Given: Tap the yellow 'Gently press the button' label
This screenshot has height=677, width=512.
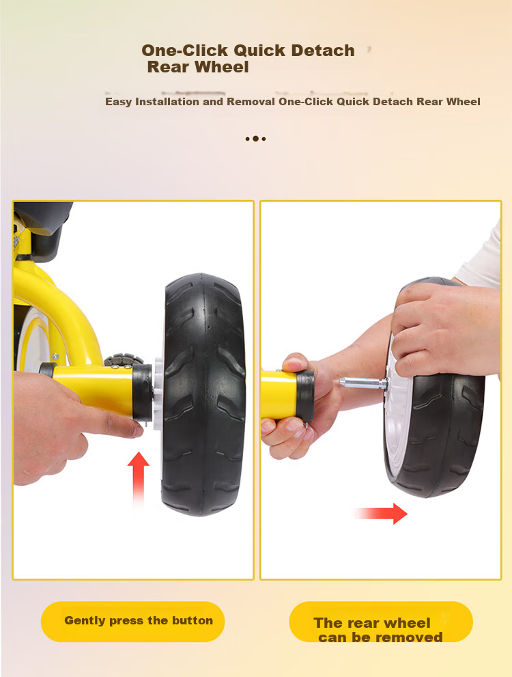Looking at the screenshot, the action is tap(133, 621).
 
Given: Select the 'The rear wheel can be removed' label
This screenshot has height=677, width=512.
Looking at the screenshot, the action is tap(381, 622).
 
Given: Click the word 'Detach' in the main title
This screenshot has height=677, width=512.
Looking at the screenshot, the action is tap(323, 51).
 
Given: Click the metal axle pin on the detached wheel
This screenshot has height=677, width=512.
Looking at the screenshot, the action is tap(362, 383).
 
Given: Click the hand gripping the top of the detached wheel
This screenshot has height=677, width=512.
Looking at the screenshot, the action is tap(444, 328).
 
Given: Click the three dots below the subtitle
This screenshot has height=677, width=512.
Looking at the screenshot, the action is tap(255, 139).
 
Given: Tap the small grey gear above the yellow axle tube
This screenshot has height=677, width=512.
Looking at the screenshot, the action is tap(124, 359).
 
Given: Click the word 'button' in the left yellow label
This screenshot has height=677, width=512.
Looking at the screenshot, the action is tap(193, 620).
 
